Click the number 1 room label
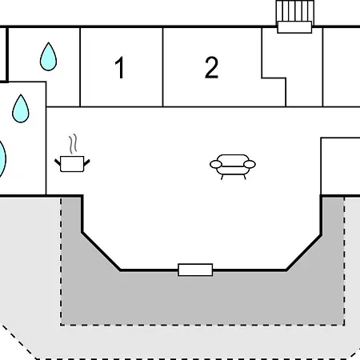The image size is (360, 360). coord(120,67)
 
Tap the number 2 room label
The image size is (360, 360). coord(211,67)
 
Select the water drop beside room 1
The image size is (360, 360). coord(48,57)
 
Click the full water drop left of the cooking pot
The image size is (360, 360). coord(21,109)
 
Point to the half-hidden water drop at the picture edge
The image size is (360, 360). coord(2,159)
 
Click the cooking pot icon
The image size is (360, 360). coord(72,163)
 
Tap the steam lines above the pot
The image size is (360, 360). coord(73,144)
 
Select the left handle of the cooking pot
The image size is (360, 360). coord(58,162)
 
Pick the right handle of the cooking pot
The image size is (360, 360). coord(87,162)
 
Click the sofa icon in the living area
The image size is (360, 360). coord(233,166)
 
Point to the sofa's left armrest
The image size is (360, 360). coord(216,165)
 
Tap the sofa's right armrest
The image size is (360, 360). coord(250,164)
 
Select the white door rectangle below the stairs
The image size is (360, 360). coord(294,27)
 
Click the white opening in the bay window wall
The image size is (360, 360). coord(195,270)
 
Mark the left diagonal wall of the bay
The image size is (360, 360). coord(101,251)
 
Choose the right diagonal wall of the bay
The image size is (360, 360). coord(304,253)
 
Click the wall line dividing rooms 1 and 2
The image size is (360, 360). coord(162,67)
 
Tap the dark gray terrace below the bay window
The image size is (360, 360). coord(202,298)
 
